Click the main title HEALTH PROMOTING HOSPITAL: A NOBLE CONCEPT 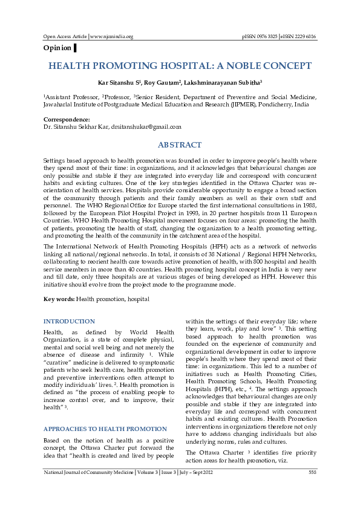pos(180,66)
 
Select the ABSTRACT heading pos(180,145)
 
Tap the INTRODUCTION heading pos(69,322)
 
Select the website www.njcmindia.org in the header pos(112,36)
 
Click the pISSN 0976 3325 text pos(260,36)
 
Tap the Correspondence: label pos(67,120)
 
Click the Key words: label pos(59,299)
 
